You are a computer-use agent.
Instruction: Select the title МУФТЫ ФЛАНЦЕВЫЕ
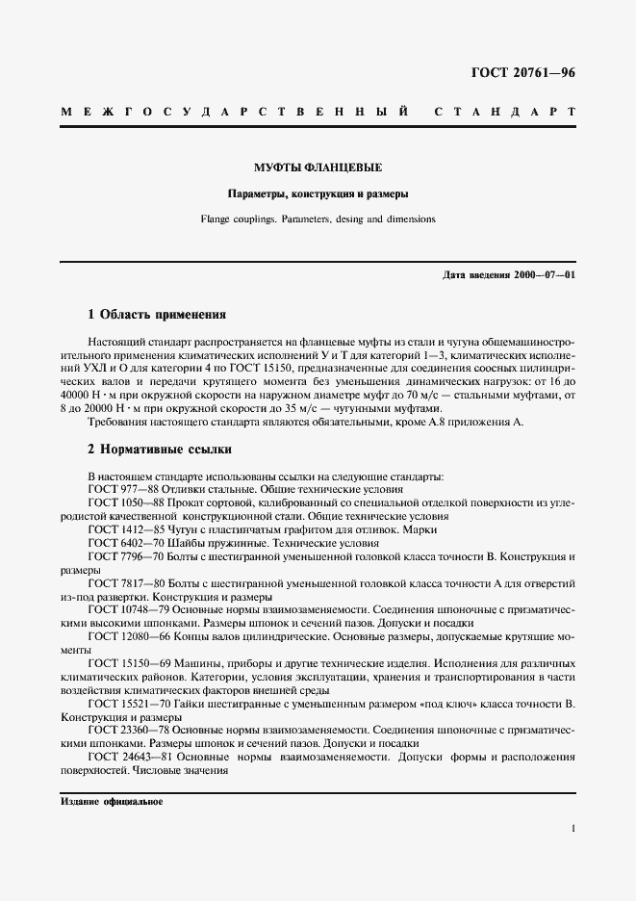point(318,165)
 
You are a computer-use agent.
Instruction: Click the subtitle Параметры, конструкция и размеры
point(318,192)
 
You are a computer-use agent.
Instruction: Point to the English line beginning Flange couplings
point(318,219)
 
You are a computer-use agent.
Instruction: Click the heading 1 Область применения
point(156,314)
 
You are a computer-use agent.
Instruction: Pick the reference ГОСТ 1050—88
point(128,503)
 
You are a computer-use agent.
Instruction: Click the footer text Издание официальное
point(112,801)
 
